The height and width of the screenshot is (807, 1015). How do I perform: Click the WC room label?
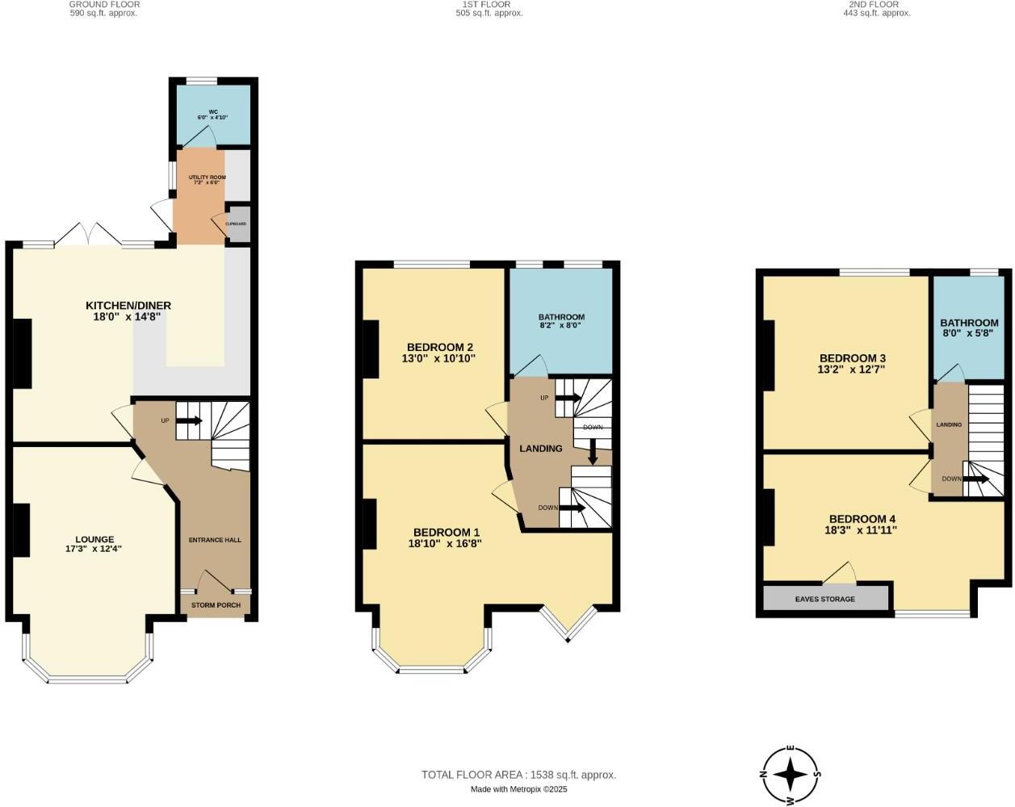(x=213, y=112)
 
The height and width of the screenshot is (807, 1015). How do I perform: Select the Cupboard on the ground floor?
(x=237, y=224)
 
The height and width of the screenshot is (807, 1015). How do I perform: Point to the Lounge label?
(x=94, y=539)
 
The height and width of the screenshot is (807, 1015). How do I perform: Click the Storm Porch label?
(x=216, y=604)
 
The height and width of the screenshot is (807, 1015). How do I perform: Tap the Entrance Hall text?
(x=215, y=540)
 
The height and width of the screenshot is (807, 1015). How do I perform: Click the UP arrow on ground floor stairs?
(x=189, y=420)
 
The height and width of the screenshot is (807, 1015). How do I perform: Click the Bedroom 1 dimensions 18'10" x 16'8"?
(x=446, y=544)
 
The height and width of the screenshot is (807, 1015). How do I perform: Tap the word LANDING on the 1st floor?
(x=540, y=448)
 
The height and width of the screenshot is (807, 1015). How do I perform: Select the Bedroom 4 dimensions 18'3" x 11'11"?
(x=862, y=530)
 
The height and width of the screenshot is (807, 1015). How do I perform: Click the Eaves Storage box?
(x=825, y=598)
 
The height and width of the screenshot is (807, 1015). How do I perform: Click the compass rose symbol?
(x=791, y=775)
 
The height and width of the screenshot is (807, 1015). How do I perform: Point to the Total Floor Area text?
(x=518, y=775)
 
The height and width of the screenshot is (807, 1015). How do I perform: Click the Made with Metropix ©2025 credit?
(x=518, y=789)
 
